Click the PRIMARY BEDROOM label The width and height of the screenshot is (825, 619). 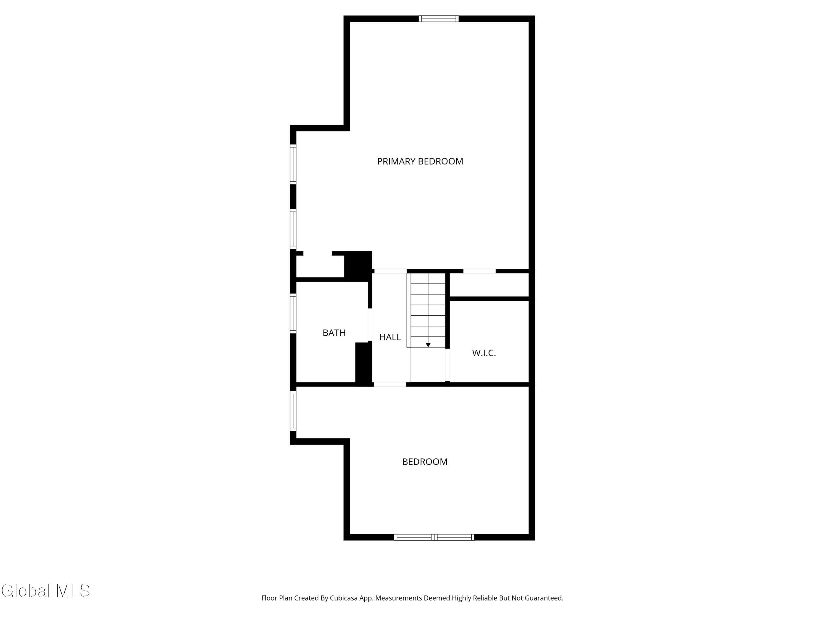[x=420, y=161]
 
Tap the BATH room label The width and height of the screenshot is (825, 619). [x=334, y=332]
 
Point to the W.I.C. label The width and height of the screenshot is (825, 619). [x=484, y=353]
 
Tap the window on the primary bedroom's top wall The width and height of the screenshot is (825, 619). [x=438, y=19]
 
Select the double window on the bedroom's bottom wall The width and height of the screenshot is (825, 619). [x=434, y=537]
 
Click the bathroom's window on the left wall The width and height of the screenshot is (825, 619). [x=293, y=313]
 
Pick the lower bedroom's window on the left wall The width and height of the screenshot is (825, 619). [x=293, y=411]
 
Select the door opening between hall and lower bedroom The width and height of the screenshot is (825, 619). [x=390, y=384]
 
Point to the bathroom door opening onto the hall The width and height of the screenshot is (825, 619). [x=370, y=325]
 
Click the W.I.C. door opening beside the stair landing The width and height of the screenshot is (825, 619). [x=447, y=365]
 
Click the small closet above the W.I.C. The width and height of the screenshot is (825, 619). [x=489, y=285]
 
